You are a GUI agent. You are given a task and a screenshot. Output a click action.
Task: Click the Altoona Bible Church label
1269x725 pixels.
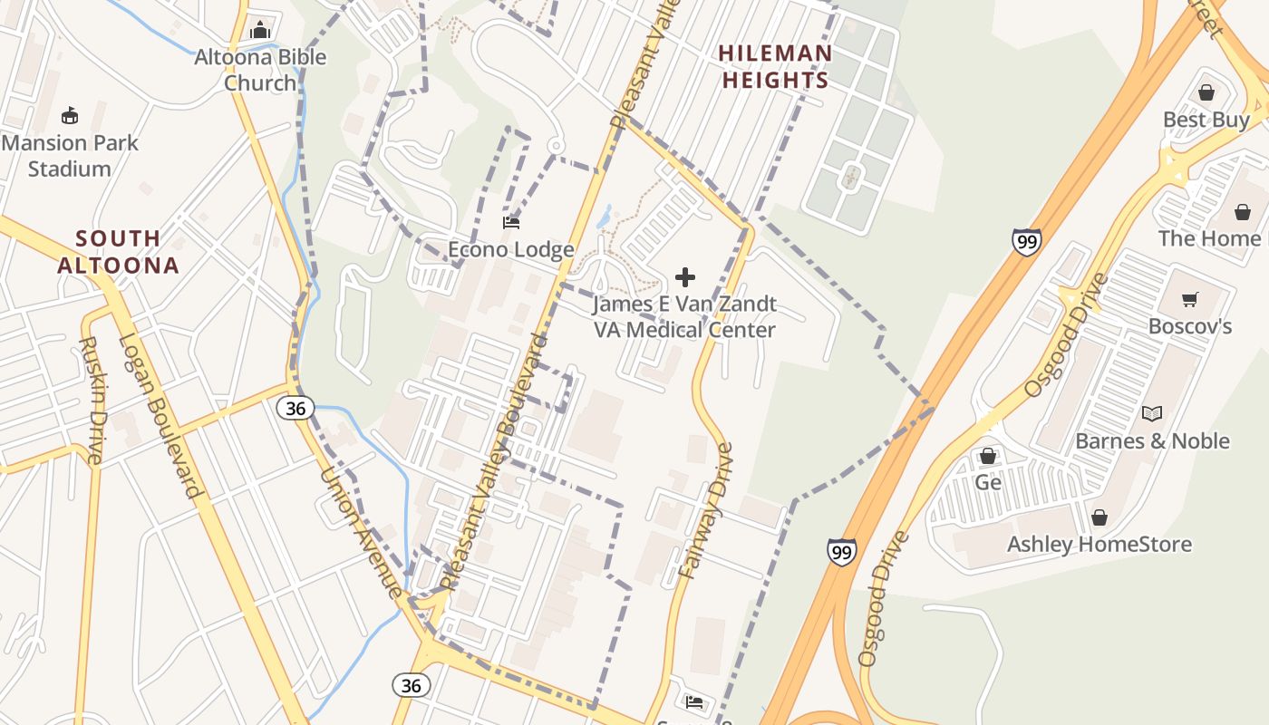(x=260, y=70)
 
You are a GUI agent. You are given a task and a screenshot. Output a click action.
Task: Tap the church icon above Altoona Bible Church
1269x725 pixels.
(x=260, y=30)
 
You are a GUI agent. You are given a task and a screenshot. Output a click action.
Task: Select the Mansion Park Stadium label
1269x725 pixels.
(x=70, y=155)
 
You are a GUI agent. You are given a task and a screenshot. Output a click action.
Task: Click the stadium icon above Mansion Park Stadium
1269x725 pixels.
(x=70, y=115)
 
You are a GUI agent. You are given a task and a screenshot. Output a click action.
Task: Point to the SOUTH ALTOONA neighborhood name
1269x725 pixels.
(x=118, y=252)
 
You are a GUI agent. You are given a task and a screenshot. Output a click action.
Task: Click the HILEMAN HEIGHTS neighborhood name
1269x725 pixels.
(x=774, y=66)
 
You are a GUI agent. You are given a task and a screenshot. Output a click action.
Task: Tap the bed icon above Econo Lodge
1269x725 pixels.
(x=511, y=222)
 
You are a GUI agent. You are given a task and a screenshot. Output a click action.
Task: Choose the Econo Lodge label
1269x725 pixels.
(x=511, y=249)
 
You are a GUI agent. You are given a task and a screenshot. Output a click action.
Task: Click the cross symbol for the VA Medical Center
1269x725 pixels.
(x=685, y=276)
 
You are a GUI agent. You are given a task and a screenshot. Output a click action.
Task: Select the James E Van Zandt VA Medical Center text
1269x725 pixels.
(x=685, y=316)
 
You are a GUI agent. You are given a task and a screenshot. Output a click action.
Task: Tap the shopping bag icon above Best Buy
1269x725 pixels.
(x=1206, y=92)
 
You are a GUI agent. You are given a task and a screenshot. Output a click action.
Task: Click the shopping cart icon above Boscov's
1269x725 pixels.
(x=1190, y=299)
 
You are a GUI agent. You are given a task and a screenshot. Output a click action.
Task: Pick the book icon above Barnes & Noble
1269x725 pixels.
(x=1152, y=413)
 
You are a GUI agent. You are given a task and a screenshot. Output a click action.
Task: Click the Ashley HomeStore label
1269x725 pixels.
(x=1099, y=544)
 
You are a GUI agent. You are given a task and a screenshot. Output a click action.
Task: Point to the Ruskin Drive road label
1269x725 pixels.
(x=92, y=400)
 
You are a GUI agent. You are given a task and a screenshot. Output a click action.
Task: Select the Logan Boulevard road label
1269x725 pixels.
(x=160, y=416)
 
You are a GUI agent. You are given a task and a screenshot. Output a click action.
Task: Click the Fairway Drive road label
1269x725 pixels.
(x=705, y=512)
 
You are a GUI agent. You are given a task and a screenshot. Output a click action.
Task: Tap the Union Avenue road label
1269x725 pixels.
(x=362, y=533)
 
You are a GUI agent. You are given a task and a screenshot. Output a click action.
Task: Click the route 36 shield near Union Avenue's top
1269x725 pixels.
(x=295, y=408)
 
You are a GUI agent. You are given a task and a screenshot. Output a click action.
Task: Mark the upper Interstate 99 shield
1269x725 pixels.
(x=1026, y=241)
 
